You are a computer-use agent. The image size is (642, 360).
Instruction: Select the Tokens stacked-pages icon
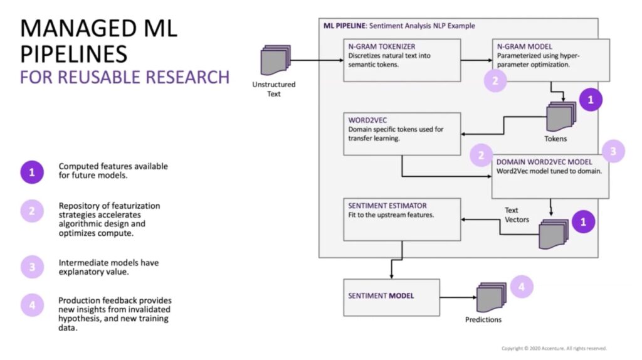[x=559, y=117]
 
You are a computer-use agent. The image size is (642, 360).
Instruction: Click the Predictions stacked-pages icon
[x=491, y=298]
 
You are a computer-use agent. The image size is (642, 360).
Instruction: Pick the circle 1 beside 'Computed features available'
[x=32, y=172]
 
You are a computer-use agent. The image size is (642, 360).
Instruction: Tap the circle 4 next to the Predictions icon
[x=522, y=287]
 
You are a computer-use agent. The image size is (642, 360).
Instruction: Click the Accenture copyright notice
[x=554, y=349]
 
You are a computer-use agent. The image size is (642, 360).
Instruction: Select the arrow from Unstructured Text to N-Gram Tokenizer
[x=317, y=61]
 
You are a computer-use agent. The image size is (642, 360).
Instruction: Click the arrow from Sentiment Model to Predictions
[x=461, y=296]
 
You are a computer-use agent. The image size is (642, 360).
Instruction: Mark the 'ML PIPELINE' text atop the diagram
[x=344, y=26]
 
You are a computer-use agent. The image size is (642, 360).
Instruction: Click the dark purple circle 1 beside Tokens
[x=590, y=99]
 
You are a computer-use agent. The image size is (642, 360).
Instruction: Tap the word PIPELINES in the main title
[x=74, y=53]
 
